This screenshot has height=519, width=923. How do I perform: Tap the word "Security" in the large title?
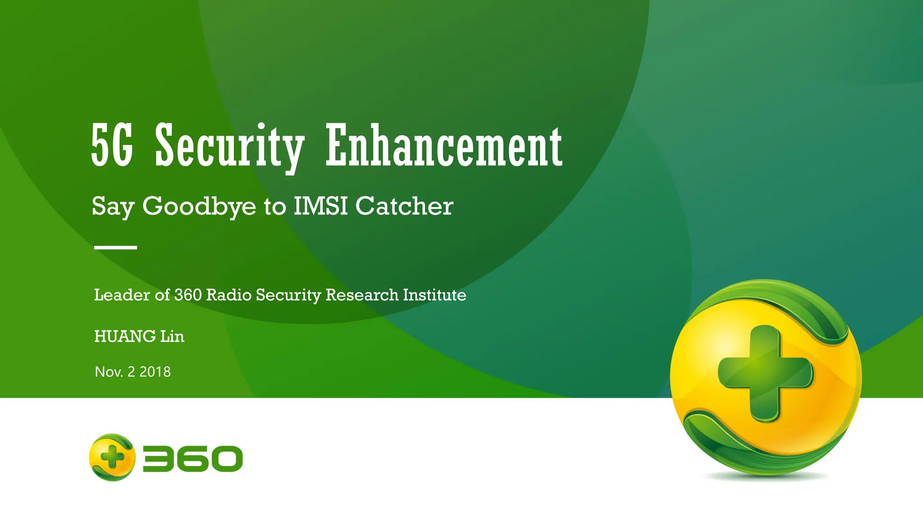click(229, 147)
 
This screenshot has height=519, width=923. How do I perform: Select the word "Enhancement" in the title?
click(444, 146)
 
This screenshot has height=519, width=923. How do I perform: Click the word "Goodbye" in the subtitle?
click(199, 207)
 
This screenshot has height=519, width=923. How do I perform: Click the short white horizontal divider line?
click(115, 247)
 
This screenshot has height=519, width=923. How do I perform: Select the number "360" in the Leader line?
click(188, 295)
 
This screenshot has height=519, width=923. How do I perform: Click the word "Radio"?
click(229, 295)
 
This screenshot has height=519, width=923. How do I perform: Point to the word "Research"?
click(362, 295)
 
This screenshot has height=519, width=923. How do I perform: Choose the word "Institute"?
click(434, 295)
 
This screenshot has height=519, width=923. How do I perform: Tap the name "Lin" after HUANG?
click(172, 337)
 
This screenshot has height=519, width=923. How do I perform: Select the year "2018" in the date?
click(155, 372)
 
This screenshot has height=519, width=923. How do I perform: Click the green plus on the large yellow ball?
click(765, 373)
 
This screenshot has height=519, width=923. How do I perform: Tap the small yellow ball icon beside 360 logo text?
click(112, 457)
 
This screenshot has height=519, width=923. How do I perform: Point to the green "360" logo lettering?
click(193, 459)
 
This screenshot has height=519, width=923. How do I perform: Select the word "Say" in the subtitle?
click(113, 207)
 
